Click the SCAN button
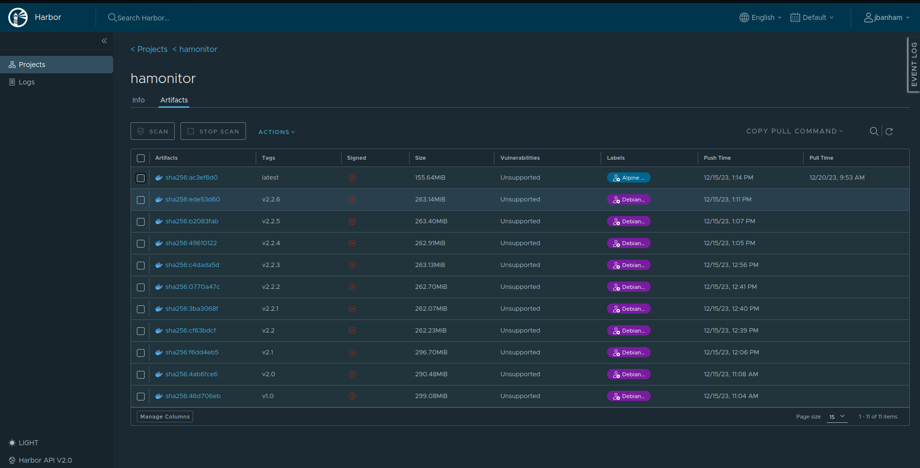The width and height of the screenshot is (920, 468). (x=152, y=131)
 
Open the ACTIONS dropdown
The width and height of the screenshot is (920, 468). (x=277, y=132)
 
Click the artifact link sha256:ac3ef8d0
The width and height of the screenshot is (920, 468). (x=191, y=178)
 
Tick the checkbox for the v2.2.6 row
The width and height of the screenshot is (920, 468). (x=141, y=200)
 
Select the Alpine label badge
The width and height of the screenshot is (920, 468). (x=628, y=178)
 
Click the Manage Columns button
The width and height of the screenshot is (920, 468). (x=165, y=417)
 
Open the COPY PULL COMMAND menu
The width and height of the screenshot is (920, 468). (x=794, y=131)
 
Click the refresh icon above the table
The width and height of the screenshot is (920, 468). (x=889, y=132)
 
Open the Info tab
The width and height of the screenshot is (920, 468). (x=138, y=100)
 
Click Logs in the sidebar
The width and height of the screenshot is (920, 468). (x=27, y=82)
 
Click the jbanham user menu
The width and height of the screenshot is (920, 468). (x=887, y=17)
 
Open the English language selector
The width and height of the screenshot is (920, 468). (x=760, y=17)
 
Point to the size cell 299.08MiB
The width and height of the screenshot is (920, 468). (x=431, y=396)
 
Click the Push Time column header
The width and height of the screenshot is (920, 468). (x=717, y=158)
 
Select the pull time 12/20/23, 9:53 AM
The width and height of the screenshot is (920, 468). (x=837, y=178)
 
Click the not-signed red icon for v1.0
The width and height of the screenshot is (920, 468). (x=352, y=396)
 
